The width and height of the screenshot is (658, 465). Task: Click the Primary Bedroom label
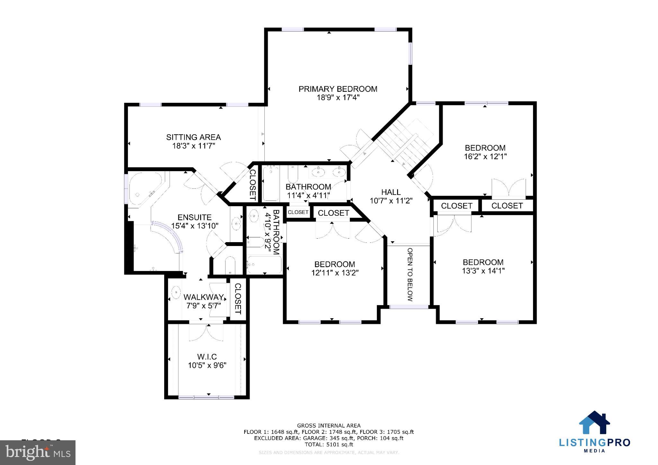pos(338,89)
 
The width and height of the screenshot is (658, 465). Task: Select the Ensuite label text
pos(194,217)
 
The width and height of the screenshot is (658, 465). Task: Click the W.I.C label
pos(207,356)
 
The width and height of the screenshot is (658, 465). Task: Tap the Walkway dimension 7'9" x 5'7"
pos(203,306)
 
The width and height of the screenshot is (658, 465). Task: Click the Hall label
pos(391,192)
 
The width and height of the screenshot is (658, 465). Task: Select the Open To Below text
pos(410,275)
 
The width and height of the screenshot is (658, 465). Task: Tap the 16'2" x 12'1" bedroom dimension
pos(485,157)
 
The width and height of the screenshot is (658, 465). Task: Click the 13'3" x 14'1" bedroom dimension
pos(483,271)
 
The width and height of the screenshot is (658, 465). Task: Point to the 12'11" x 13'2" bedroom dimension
pos(334,273)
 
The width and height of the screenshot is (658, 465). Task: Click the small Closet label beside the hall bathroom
pos(298,212)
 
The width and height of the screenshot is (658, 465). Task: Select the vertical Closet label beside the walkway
pos(238,299)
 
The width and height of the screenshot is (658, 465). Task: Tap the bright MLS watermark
pos(38,452)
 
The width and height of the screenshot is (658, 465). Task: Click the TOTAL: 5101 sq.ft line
pos(329,444)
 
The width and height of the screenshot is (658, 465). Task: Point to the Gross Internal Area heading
pos(329,426)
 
